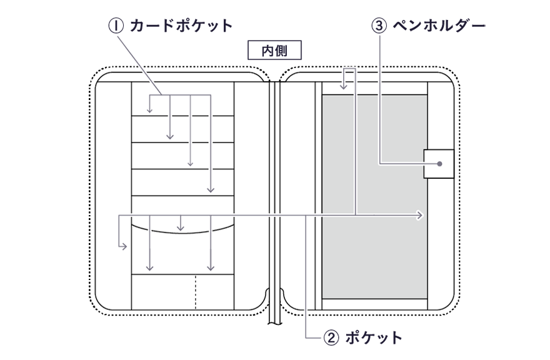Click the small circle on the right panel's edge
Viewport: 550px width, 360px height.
coord(439,164)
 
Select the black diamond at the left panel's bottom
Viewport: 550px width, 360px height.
coord(196,289)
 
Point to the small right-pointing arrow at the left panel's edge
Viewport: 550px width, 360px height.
coord(125,247)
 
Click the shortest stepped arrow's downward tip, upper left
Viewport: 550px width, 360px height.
coord(150,111)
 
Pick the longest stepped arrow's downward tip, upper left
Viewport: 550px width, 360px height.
coord(211,187)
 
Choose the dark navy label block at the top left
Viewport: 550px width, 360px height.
coord(206,39)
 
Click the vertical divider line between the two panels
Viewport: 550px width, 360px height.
coord(274,187)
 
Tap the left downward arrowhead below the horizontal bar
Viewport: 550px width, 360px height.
coord(149,267)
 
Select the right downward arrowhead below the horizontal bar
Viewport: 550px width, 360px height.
coord(211,267)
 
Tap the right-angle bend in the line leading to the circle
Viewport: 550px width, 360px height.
coord(381,164)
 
